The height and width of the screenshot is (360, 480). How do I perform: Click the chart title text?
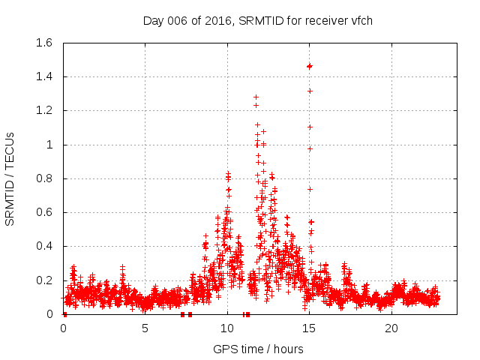point(257,21)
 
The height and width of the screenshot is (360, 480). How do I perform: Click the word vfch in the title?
point(359,21)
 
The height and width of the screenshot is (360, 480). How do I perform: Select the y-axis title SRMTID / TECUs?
point(10,178)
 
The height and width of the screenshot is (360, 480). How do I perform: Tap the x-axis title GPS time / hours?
point(258,349)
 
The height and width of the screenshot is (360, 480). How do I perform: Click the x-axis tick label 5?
point(145,328)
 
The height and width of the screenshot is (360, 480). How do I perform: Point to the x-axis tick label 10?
point(227,328)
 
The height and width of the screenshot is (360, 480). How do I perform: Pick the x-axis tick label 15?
point(309,328)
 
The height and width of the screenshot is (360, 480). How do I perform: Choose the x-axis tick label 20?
point(391,328)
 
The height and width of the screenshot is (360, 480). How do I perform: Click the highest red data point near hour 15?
point(309,66)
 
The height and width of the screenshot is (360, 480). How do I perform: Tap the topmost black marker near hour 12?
point(256,97)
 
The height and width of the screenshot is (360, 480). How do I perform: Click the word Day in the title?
point(153,21)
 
